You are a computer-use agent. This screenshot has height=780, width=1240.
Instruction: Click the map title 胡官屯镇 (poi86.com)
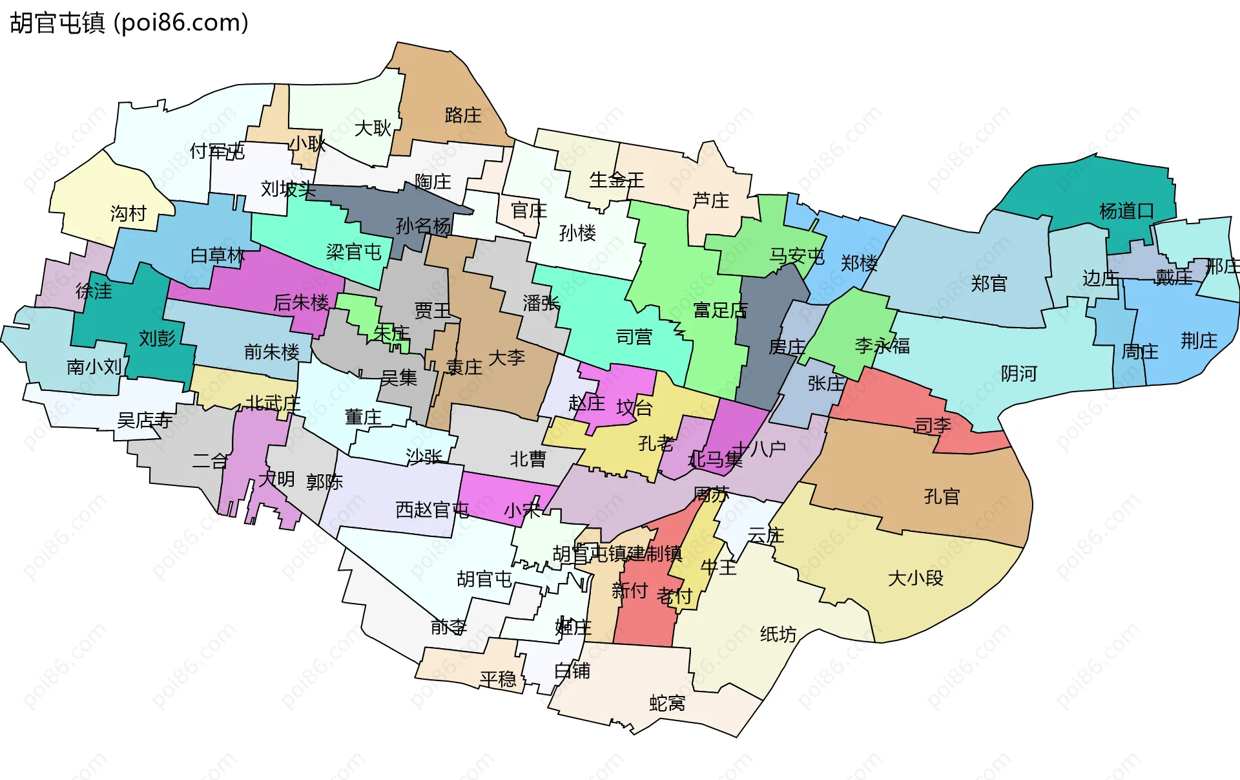pos(129,23)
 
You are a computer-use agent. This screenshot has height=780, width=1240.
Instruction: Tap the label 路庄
pos(462,116)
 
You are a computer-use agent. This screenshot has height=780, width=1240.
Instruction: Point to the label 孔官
pos(941,497)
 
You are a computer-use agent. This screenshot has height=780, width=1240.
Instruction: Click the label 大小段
pos(915,578)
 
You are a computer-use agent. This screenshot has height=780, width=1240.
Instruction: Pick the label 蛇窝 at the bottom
pos(666,703)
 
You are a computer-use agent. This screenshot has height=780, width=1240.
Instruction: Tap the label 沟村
pos(128,213)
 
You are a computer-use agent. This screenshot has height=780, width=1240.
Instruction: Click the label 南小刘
pos(94,367)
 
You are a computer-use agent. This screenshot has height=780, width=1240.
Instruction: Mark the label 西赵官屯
pos(431,510)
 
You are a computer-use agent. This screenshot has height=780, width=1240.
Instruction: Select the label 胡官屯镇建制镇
pos(617,554)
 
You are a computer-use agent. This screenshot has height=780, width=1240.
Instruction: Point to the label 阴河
pos(1018,374)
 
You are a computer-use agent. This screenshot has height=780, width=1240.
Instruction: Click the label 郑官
pos(988,284)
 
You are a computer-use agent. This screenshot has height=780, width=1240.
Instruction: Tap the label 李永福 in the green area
pos(882,346)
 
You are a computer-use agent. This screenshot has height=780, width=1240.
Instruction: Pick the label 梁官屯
pos(353,252)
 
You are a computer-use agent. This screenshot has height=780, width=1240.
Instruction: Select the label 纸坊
pos(778,634)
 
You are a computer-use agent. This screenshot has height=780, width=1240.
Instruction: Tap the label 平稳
pos(497,679)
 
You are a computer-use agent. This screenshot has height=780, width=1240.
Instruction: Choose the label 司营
pos(634,337)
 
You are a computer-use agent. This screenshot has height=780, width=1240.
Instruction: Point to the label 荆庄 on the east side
pos(1199,341)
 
